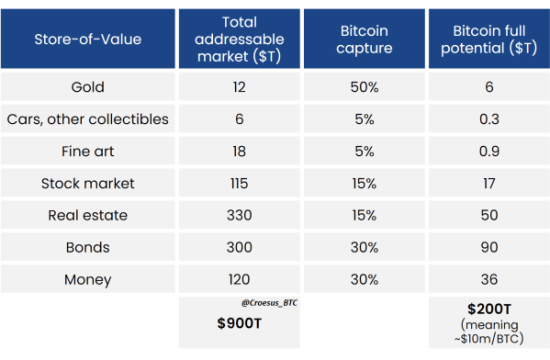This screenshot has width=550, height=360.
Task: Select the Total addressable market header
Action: [239, 39]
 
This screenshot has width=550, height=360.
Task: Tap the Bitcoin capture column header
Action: [364, 39]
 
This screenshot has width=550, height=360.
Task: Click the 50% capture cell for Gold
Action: [364, 88]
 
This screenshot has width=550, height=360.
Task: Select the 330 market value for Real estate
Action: [239, 215]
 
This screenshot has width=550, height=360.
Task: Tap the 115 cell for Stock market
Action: [239, 184]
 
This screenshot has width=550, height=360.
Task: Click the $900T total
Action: [239, 324]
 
